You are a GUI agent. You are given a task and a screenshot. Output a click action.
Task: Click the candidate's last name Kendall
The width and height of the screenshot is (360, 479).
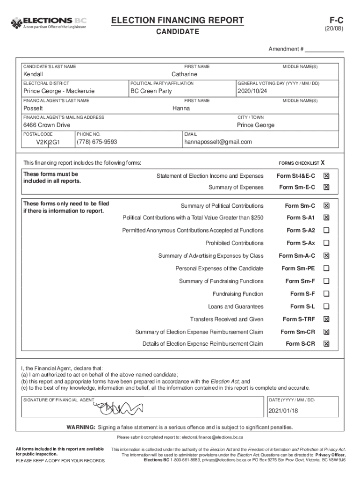pos(33,74)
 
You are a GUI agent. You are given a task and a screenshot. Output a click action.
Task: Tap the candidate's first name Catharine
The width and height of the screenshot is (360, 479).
pos(184,74)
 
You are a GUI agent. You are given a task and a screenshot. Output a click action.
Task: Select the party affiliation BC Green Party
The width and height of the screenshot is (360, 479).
pos(151,91)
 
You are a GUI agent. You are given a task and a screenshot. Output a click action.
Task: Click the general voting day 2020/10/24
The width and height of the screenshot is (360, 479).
pos(252,91)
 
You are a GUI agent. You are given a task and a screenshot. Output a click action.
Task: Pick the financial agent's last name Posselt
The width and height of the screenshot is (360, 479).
pos(33,109)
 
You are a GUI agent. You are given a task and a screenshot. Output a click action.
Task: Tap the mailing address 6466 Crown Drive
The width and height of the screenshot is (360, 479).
pos(47,125)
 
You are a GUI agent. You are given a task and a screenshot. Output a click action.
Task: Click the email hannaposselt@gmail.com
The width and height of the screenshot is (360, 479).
pos(218,142)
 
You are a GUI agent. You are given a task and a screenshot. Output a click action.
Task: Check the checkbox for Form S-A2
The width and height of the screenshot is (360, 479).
pos(326,230)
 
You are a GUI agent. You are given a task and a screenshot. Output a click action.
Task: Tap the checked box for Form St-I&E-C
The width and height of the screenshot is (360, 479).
pos(326,176)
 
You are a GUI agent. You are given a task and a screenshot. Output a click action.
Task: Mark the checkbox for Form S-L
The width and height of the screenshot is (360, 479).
pos(326,307)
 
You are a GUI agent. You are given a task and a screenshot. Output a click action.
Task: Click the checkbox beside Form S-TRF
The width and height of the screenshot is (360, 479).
pos(326,319)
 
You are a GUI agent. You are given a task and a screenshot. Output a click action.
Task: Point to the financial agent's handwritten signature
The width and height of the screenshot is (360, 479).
pos(119,407)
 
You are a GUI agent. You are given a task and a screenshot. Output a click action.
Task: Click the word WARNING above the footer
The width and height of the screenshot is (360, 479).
pos(81,428)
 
